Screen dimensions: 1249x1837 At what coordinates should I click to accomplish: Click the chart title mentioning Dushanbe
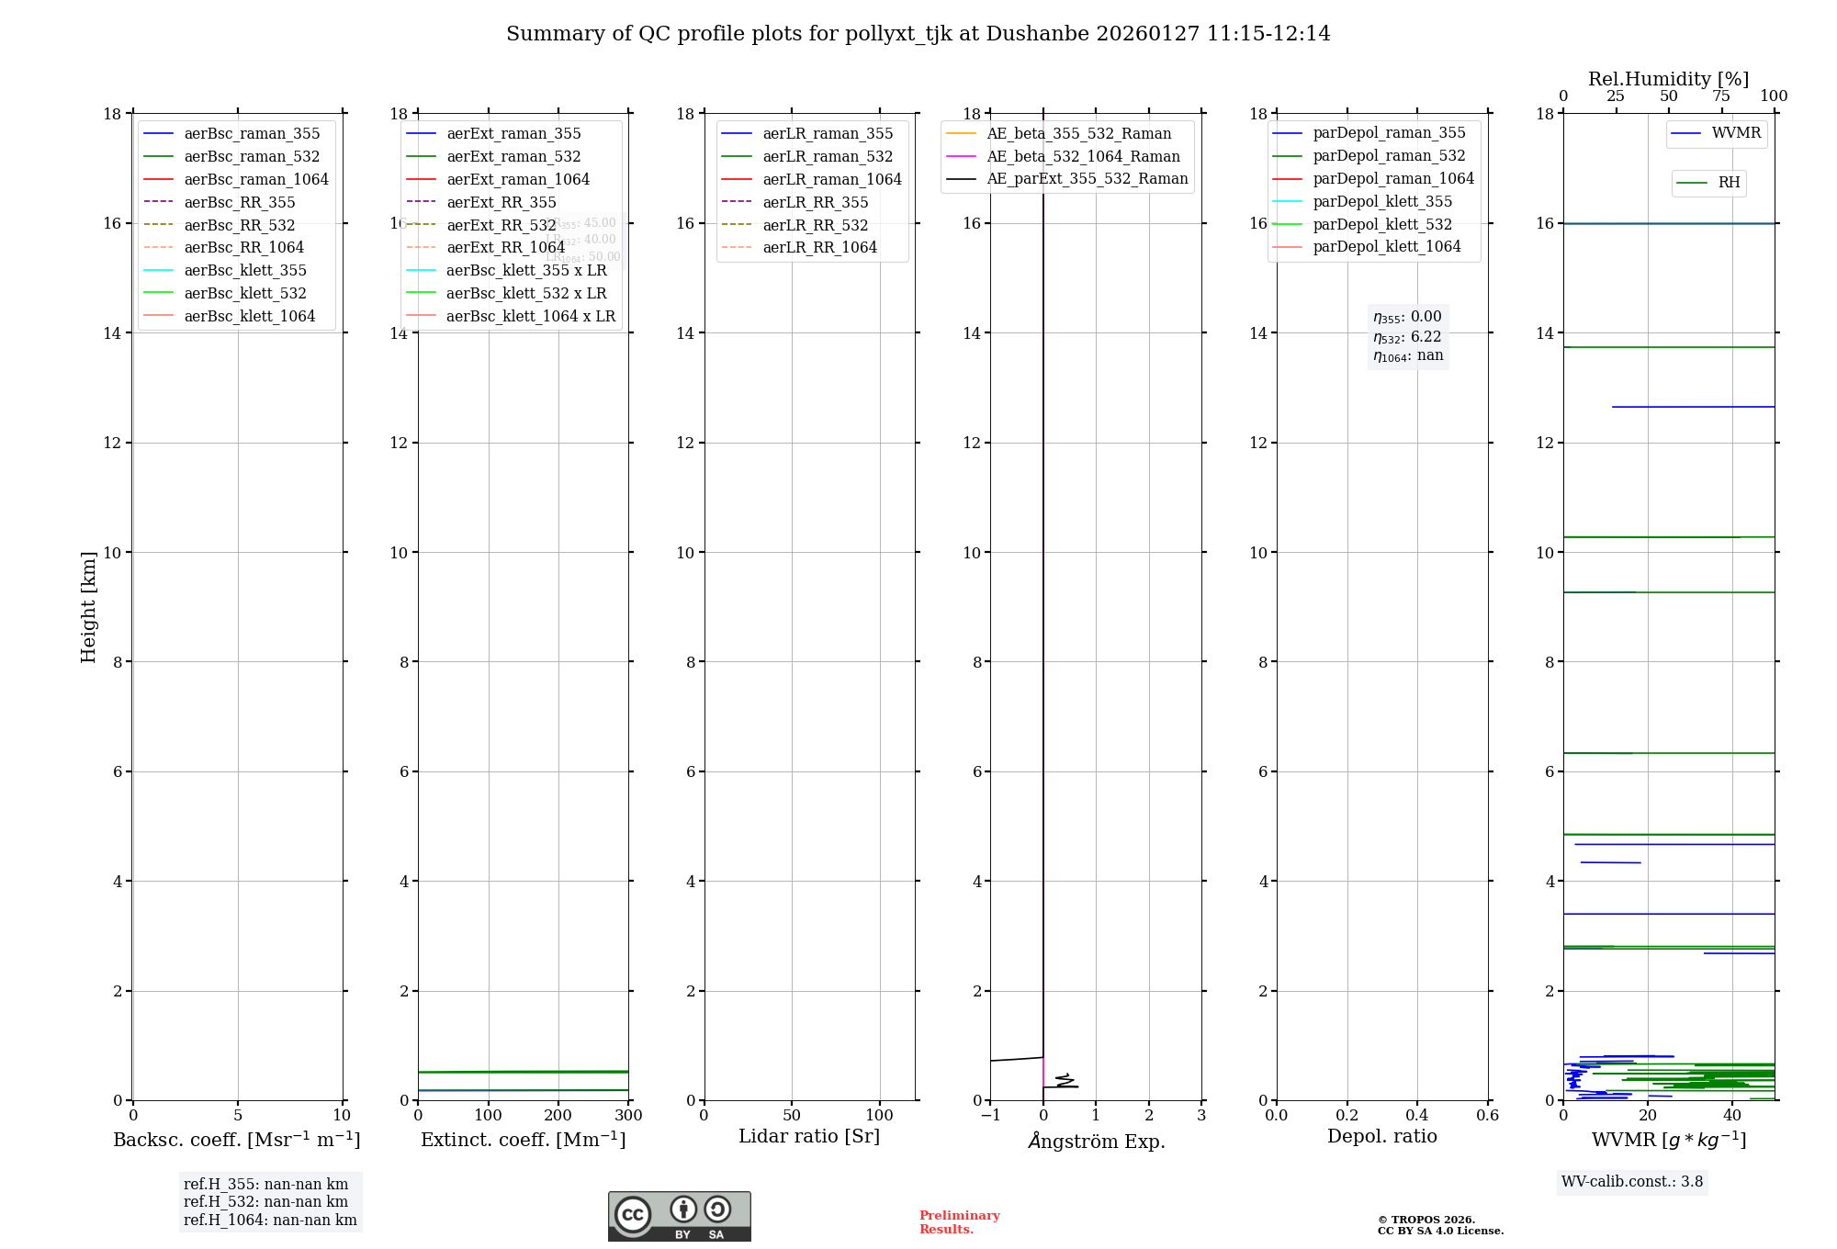point(918,34)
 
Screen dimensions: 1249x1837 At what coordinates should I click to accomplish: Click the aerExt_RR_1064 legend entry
point(505,248)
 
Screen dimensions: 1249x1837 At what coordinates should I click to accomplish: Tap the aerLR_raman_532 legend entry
point(828,157)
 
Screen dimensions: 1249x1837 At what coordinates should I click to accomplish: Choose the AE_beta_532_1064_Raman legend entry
point(1083,157)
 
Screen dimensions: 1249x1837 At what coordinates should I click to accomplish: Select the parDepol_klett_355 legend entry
point(1382,202)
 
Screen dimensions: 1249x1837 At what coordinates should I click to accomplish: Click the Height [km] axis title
point(88,606)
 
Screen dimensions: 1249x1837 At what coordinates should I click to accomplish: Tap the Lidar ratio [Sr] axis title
point(809,1137)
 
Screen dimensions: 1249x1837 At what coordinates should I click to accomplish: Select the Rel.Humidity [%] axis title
point(1668,79)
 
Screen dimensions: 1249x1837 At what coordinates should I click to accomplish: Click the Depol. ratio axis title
point(1381,1137)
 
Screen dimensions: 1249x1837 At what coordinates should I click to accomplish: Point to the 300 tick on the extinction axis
point(628,1116)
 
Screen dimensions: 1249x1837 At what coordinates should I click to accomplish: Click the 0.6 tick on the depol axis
point(1487,1116)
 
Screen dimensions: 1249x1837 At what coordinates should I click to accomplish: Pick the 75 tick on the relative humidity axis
point(1721,96)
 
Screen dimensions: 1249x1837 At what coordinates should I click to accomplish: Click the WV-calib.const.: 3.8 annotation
point(1632,1182)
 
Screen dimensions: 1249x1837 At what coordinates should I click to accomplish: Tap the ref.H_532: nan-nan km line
point(265,1202)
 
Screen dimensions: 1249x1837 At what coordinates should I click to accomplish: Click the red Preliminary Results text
point(959,1222)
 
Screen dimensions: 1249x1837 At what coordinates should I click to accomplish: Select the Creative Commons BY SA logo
point(679,1217)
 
